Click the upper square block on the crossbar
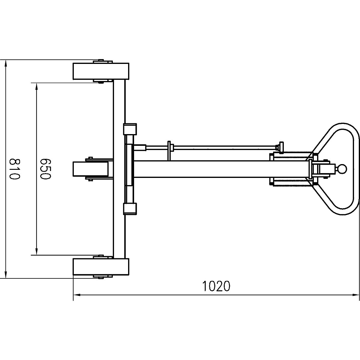tap(130, 129)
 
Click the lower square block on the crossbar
tap(130, 208)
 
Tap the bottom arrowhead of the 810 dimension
tap(5, 274)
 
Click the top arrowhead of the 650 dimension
tap(37, 86)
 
